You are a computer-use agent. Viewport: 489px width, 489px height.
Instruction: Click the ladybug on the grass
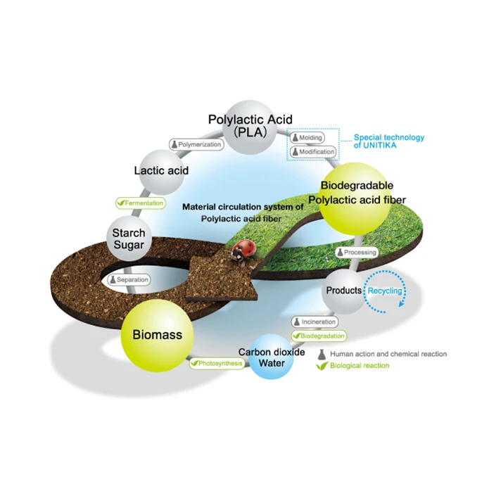(243, 250)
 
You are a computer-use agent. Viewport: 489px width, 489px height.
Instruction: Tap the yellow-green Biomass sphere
(157, 336)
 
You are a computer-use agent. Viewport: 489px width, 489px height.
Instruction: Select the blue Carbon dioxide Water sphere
(271, 357)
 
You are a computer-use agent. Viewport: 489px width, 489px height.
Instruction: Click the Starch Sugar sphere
(129, 239)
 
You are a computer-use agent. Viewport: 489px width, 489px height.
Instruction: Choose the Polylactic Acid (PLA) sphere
(250, 127)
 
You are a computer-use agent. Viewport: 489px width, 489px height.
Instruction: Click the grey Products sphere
(344, 291)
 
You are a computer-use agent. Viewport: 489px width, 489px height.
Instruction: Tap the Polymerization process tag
(196, 145)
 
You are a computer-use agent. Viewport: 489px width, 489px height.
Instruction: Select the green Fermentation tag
(141, 203)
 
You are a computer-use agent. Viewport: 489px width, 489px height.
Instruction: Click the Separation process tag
(129, 280)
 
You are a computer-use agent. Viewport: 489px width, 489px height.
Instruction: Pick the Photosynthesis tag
(217, 363)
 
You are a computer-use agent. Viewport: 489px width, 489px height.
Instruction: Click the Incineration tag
(315, 322)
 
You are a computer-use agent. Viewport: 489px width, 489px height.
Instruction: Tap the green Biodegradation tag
(319, 336)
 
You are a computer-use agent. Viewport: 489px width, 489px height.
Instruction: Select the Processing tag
(357, 253)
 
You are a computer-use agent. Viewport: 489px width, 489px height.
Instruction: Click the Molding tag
(307, 137)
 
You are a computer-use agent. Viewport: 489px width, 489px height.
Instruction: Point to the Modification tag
(313, 152)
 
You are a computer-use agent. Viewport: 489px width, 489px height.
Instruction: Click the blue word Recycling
(385, 291)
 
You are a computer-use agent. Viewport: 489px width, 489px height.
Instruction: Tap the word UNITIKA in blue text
(379, 146)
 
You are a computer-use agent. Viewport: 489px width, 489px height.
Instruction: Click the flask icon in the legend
(322, 355)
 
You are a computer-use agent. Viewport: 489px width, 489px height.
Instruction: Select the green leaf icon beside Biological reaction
(322, 366)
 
